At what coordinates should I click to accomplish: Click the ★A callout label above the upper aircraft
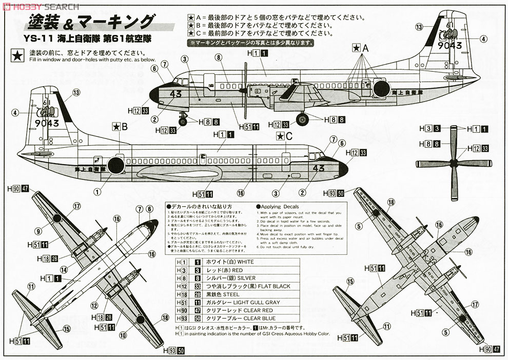361,47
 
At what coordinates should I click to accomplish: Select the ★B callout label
120,126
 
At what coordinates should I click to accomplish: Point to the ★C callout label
284,136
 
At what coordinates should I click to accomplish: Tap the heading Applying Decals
280,207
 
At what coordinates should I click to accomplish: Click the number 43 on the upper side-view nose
175,94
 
